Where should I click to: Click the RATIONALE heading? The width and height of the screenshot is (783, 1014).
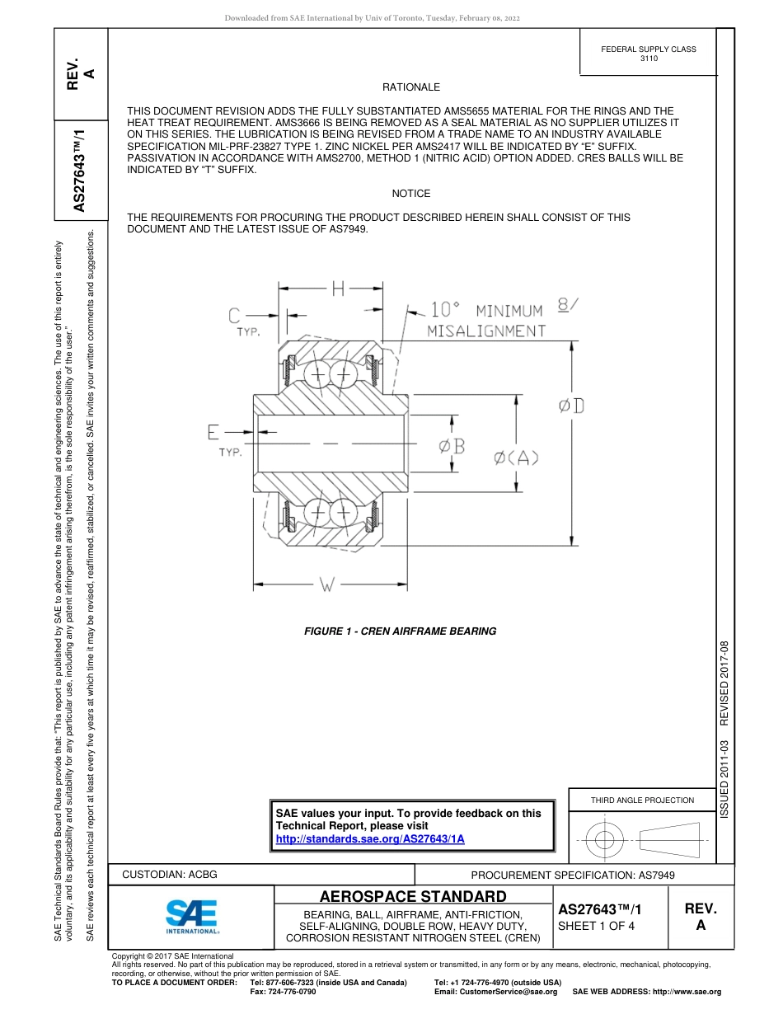411,87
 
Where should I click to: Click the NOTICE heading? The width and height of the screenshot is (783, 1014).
411,193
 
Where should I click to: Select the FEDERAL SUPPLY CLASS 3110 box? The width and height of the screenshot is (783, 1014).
648,54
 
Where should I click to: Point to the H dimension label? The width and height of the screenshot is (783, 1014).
338,289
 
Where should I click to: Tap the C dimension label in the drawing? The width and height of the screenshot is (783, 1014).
235,315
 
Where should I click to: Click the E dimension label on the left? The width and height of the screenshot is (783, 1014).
214,432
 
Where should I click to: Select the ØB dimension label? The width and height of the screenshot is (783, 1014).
452,446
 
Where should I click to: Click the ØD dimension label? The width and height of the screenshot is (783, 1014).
571,406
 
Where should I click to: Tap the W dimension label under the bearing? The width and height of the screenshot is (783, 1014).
327,585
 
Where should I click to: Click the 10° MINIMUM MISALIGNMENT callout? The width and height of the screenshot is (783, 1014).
486,320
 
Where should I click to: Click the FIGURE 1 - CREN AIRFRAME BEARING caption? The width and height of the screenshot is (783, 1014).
400,631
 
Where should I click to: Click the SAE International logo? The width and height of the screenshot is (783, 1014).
192,915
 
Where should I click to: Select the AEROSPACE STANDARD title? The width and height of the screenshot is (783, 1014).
413,896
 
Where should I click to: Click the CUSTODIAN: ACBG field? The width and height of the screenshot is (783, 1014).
170,874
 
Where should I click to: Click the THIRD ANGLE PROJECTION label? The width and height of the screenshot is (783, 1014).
642,800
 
